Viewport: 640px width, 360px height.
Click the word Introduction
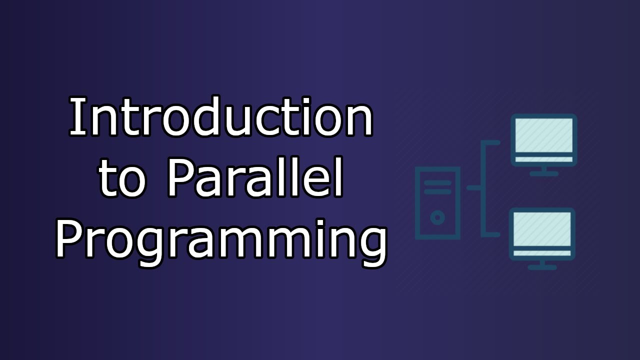(x=221, y=117)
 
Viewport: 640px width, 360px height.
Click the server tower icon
(x=437, y=202)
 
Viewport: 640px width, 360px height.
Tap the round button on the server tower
(x=437, y=217)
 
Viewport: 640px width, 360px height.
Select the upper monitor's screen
(x=543, y=135)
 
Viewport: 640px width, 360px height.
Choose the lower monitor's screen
(x=542, y=229)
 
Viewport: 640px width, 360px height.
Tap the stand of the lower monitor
(x=542, y=264)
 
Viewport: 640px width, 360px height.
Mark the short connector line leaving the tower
(x=474, y=188)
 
